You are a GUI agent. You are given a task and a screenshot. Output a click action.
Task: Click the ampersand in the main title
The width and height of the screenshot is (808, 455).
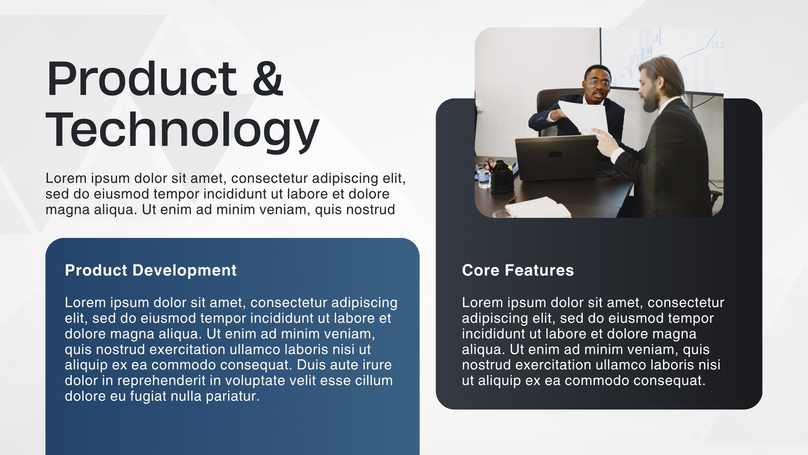[268, 78]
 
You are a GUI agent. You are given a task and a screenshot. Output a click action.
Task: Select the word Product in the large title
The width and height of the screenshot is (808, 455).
[142, 78]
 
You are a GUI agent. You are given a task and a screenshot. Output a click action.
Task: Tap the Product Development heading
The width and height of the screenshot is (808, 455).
[151, 270]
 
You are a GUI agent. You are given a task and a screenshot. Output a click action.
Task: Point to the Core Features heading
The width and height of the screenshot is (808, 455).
[518, 270]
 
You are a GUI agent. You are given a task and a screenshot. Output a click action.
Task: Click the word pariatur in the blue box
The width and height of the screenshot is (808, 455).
[233, 396]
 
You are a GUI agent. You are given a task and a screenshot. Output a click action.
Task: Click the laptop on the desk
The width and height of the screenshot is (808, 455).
[555, 157]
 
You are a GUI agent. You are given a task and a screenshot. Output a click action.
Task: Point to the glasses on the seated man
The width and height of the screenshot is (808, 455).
[599, 84]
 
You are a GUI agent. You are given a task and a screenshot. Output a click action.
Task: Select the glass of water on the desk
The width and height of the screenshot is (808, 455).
[483, 176]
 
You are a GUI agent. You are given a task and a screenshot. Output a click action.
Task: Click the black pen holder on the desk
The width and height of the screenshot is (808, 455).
[501, 177]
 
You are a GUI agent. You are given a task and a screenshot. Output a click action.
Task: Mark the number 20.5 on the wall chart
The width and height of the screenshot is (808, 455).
[718, 45]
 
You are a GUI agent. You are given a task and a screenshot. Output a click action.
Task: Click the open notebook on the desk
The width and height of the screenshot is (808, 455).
[537, 207]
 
